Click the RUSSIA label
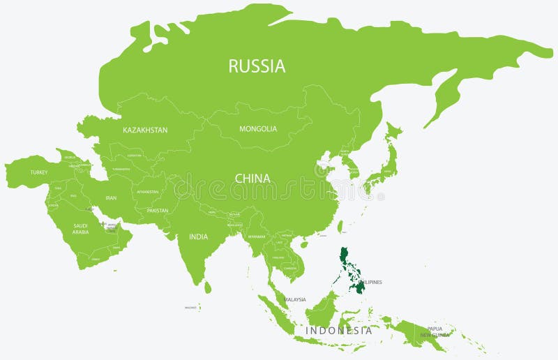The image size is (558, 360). coord(257,66)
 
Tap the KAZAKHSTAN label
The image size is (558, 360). coord(145,130)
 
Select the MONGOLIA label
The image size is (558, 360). coord(258,129)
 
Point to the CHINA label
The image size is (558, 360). coord(252,179)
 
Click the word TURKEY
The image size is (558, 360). coord(38,172)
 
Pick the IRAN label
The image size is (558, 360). coord(111,198)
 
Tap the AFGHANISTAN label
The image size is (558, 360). coord(148,192)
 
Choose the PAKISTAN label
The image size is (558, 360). coord(158,210)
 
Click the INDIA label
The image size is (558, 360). coord(198,237)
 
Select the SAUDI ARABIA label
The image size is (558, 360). coord(81,229)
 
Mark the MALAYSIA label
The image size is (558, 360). coord(295,299)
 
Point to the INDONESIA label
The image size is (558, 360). coord(338,331)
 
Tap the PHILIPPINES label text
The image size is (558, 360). coord(370,282)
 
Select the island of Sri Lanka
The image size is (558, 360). coord(207,286)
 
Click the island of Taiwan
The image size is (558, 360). coord(340,227)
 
